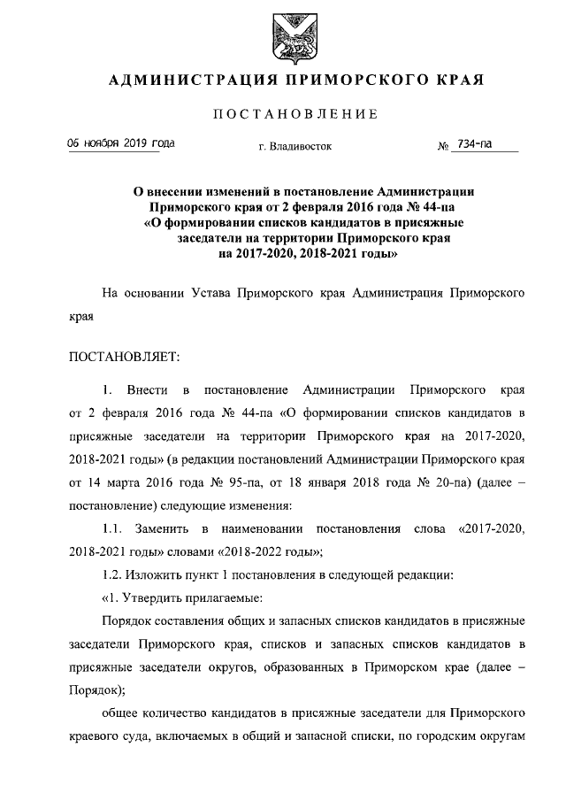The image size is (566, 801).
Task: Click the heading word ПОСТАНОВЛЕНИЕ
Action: pyautogui.click(x=295, y=113)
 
